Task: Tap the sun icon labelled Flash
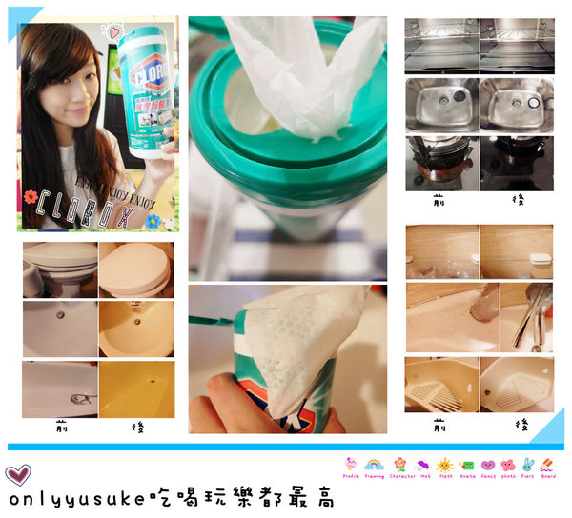[445, 466]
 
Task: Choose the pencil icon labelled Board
[547, 466]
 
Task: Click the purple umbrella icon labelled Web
[422, 466]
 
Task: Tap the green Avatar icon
[467, 466]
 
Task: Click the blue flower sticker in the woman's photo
[153, 220]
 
